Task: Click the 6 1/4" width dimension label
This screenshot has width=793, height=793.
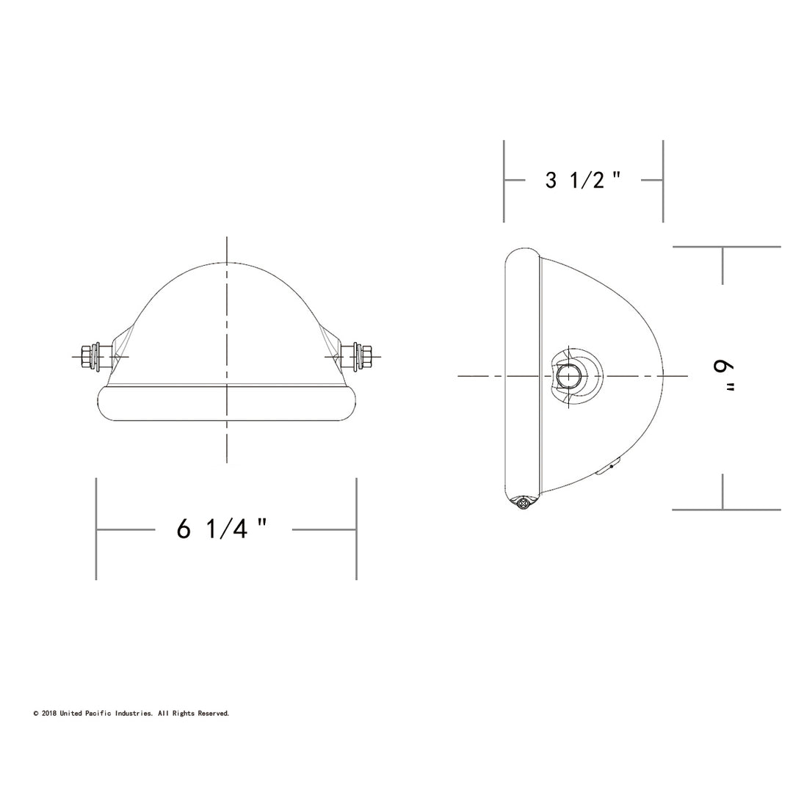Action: pyautogui.click(x=222, y=529)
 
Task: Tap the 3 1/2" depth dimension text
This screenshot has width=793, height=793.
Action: pyautogui.click(x=582, y=180)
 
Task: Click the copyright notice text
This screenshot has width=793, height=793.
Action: pyautogui.click(x=131, y=714)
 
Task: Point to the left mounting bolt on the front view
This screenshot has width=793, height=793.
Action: pyautogui.click(x=97, y=357)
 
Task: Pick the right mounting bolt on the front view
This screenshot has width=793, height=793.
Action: pyautogui.click(x=357, y=357)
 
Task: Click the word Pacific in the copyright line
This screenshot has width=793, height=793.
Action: pyautogui.click(x=99, y=714)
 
